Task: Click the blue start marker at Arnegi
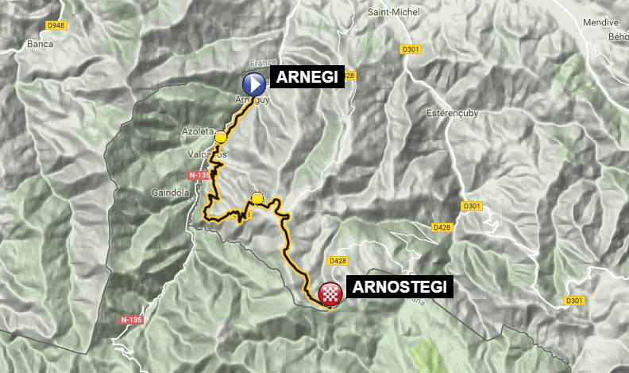click(x=253, y=84)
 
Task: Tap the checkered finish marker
click(x=330, y=295)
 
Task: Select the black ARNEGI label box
click(x=307, y=77)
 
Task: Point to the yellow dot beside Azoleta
click(x=221, y=138)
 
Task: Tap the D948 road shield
click(x=56, y=25)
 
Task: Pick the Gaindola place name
click(x=168, y=192)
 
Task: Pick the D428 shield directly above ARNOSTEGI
click(x=335, y=260)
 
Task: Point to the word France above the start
click(x=261, y=63)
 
